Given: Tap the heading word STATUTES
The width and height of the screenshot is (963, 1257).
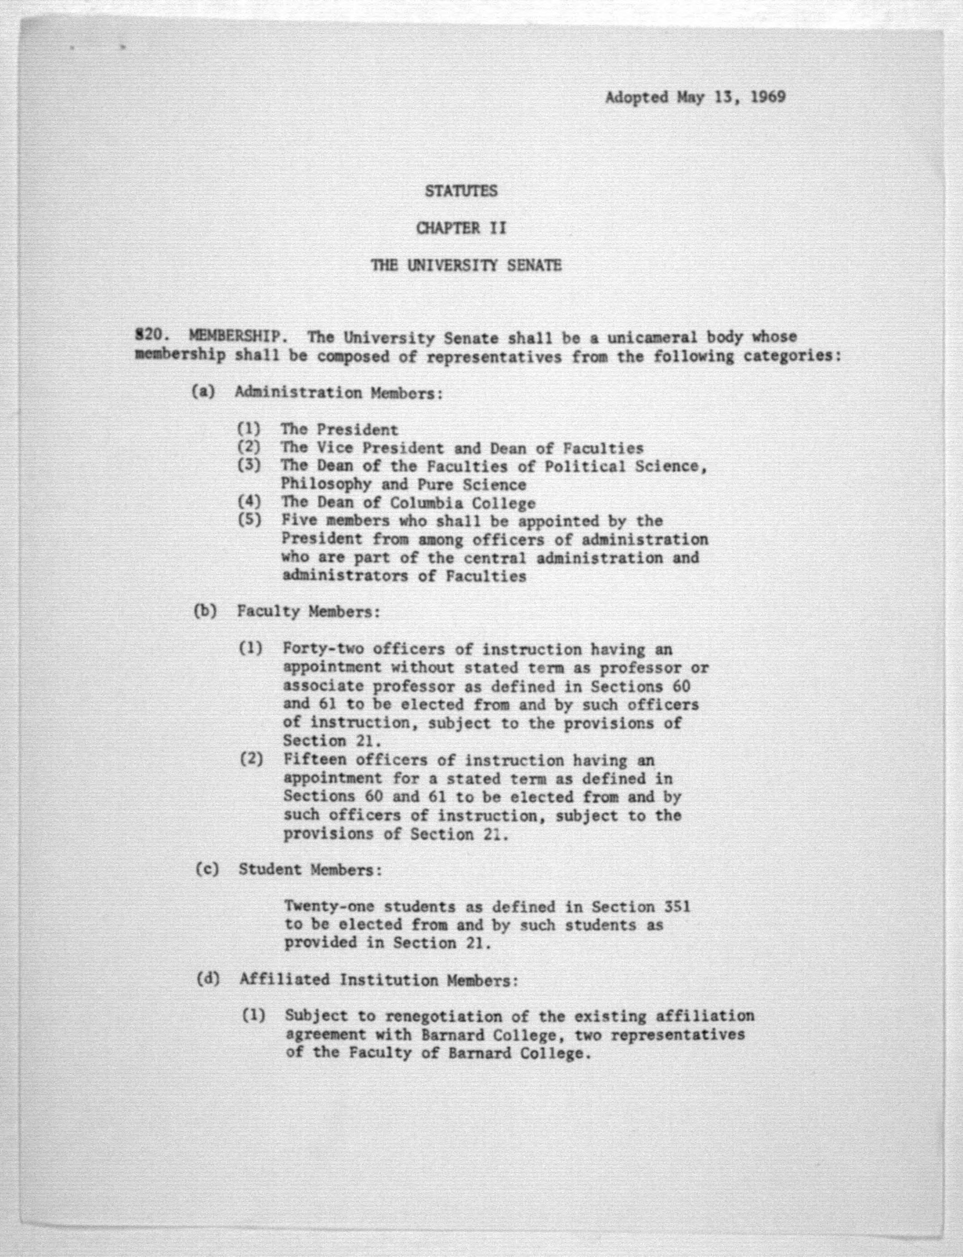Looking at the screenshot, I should point(461,191).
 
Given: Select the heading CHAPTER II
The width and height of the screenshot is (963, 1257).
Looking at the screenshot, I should point(461,228).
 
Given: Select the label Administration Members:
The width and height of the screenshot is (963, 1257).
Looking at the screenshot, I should point(339,393).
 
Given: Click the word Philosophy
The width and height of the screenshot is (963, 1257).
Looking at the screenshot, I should point(325,484).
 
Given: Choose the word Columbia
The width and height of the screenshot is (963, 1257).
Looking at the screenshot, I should point(426,503).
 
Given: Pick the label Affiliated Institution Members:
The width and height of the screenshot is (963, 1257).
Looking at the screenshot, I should point(378,980).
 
